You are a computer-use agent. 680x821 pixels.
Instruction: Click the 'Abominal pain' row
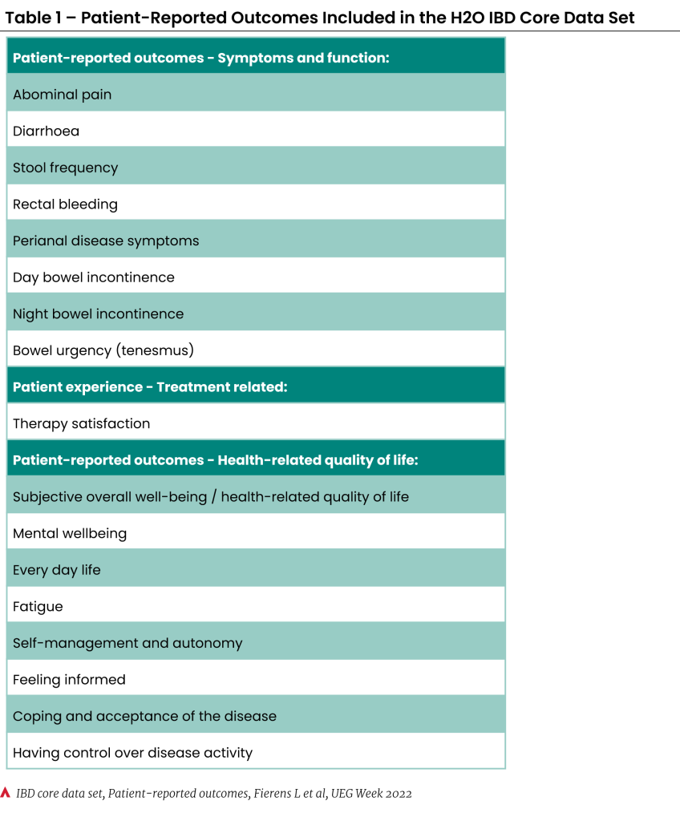point(63,95)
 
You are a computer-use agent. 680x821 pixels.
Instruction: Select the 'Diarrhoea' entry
point(47,131)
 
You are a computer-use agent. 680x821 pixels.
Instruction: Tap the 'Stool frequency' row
point(66,168)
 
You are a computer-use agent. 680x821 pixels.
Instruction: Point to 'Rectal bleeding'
point(66,204)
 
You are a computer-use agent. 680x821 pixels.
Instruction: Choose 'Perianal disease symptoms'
point(106,241)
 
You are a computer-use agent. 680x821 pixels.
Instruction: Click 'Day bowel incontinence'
point(94,277)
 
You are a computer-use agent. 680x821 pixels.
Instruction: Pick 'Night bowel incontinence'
point(99,314)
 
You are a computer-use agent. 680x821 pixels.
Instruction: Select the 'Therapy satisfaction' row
point(82,423)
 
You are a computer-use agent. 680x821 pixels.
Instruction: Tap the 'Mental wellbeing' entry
point(70,533)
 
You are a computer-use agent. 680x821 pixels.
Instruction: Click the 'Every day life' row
point(57,570)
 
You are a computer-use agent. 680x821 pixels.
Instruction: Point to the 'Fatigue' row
point(38,607)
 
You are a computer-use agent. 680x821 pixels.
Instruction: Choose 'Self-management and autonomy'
point(127,643)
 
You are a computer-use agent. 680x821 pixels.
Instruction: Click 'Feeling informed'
point(70,680)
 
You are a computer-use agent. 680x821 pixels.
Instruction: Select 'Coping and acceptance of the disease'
point(145,717)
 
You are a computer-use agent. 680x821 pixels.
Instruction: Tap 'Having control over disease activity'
point(133,753)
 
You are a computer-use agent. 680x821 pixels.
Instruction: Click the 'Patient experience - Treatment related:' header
point(150,387)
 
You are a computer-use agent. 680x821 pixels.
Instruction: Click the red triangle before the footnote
point(6,794)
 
